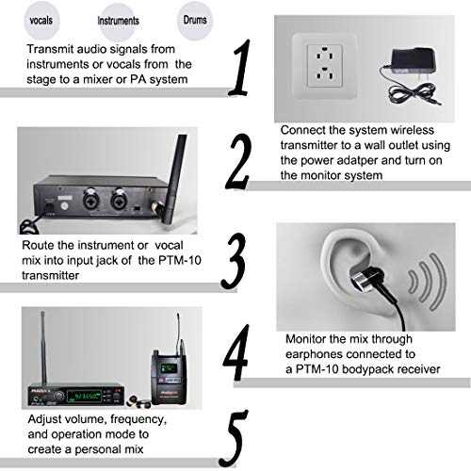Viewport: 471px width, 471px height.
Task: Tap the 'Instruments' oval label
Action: click(119, 19)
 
